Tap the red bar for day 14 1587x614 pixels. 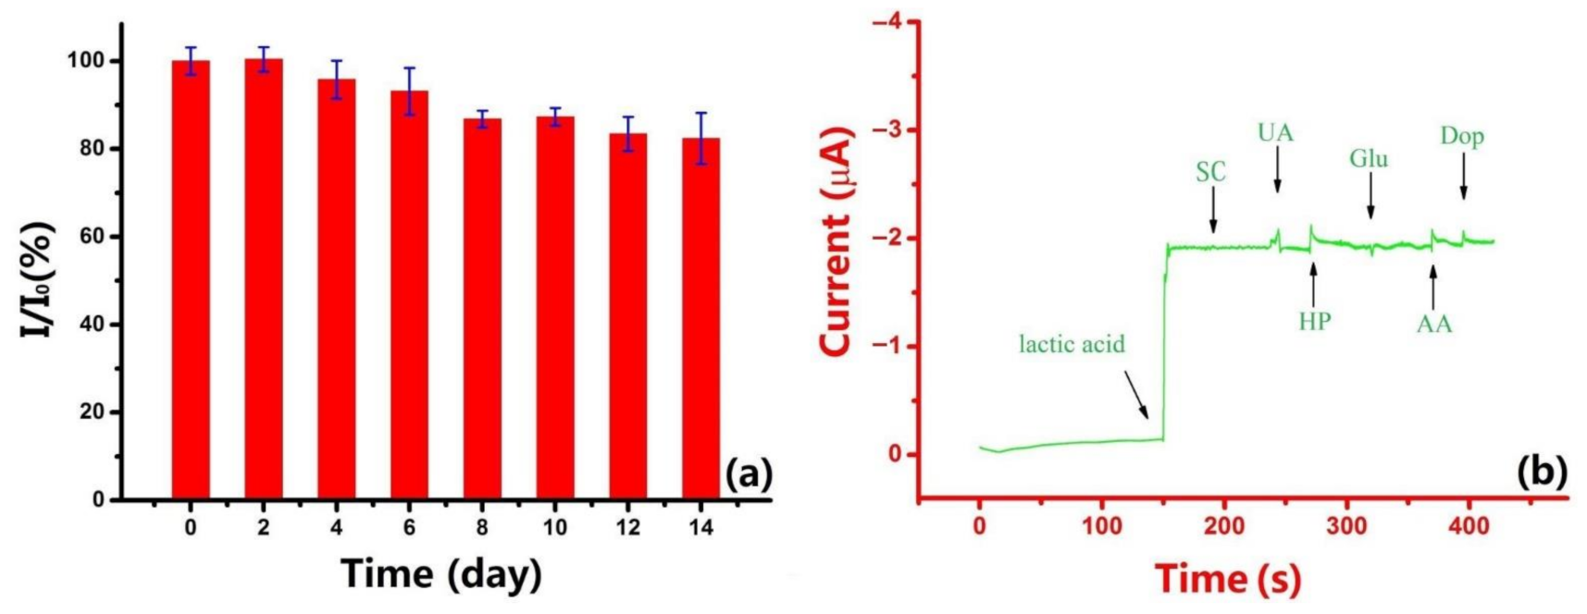point(701,318)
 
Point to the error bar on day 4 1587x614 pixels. point(337,80)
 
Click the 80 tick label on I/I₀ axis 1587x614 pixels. point(93,149)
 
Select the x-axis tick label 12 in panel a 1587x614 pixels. point(627,528)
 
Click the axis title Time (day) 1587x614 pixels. point(440,573)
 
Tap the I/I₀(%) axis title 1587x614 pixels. point(37,277)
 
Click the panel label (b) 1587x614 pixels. point(1542,472)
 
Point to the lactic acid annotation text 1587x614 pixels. point(1072,345)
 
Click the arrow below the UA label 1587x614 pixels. point(1277,172)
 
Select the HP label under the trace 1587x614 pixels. point(1314,322)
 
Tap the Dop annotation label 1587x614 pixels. point(1462,137)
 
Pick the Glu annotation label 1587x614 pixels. point(1368,159)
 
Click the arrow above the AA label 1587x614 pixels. point(1432,287)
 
